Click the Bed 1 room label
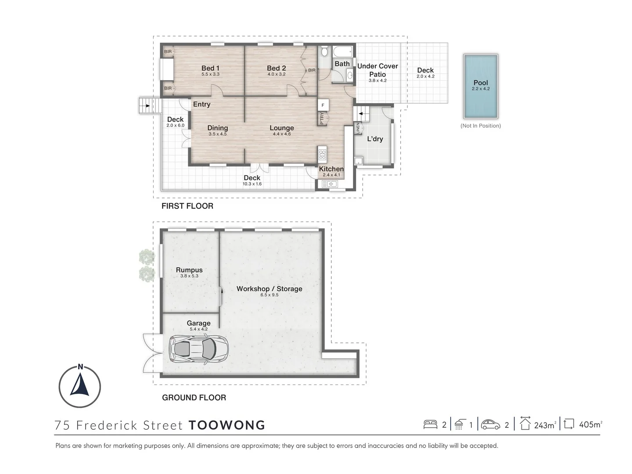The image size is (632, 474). pos(210,68)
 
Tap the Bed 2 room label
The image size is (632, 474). pos(276,68)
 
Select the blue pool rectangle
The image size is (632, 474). pos(481,86)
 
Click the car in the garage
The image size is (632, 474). pos(198,349)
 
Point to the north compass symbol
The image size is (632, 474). pos(80,387)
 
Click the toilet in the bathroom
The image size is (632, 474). pos(324,52)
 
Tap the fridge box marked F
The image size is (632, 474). pos(323,105)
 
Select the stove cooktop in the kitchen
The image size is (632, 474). pos(323,154)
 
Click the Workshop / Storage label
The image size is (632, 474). pos(269,289)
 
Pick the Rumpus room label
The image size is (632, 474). pos(189,270)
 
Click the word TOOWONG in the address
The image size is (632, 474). pos(226,425)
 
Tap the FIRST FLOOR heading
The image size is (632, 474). pos(187,206)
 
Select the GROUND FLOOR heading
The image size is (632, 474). pos(194,398)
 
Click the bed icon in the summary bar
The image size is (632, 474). pos(430,424)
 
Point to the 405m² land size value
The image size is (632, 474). pos(590,425)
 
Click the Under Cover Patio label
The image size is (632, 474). pos(377,70)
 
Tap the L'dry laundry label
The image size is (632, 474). pos(375,139)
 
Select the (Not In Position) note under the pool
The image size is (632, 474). pos(481,126)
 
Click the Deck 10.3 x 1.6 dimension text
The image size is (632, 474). pos(252,184)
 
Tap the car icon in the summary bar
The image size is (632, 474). pos(490,424)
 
